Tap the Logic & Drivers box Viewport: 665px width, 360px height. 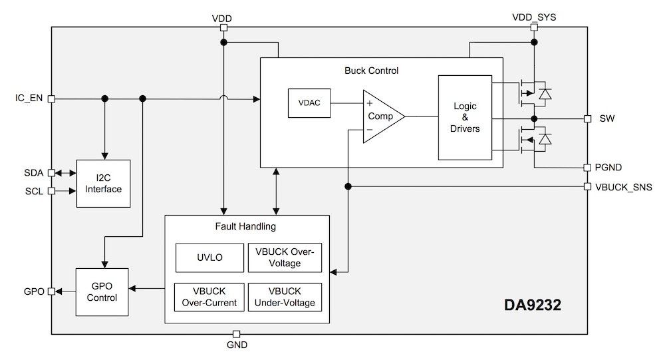pyautogui.click(x=465, y=117)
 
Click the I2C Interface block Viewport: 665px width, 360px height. pyautogui.click(x=103, y=183)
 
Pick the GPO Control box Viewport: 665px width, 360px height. pyautogui.click(x=102, y=291)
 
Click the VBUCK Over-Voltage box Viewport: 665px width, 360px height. pyautogui.click(x=284, y=258)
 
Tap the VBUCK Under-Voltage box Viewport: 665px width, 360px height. pyautogui.click(x=284, y=297)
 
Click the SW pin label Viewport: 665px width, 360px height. pyautogui.click(x=607, y=118)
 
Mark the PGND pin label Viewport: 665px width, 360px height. pyautogui.click(x=612, y=167)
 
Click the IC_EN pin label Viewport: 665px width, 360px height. pyautogui.click(x=29, y=98)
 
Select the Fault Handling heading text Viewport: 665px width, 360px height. pyautogui.click(x=247, y=227)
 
